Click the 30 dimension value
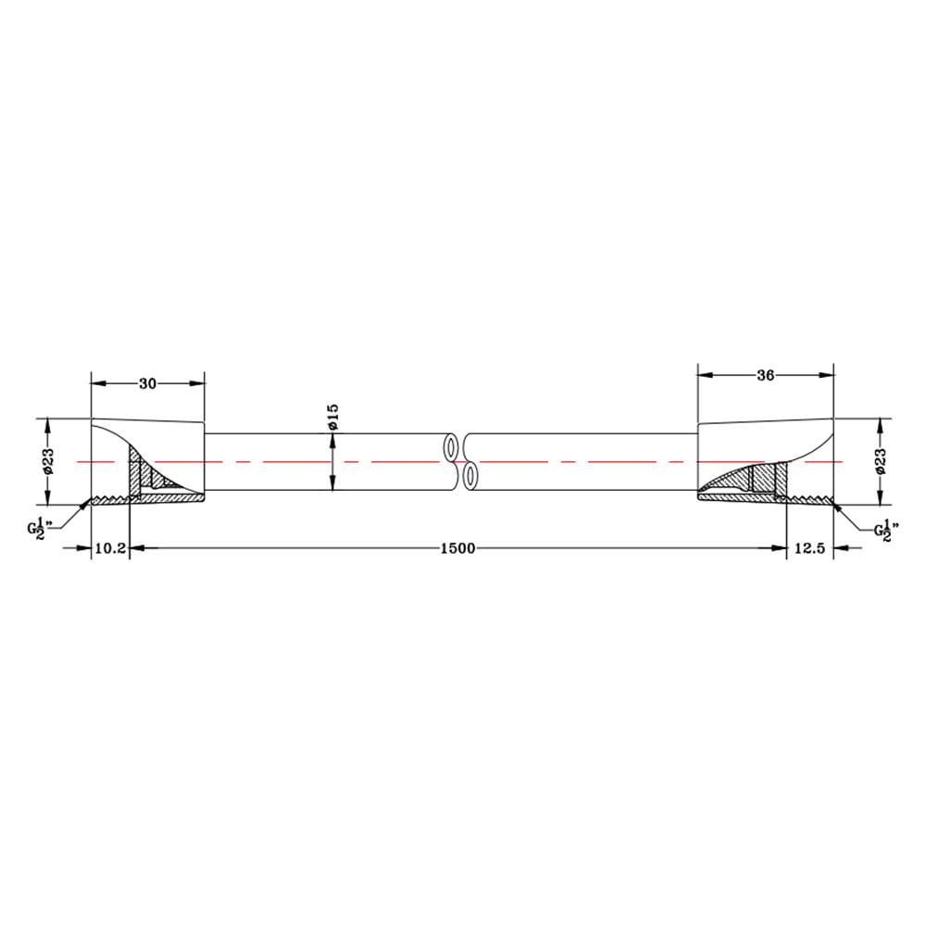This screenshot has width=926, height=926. click(x=147, y=384)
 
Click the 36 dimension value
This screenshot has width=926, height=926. click(x=766, y=376)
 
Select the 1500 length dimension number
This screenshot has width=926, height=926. click(x=457, y=548)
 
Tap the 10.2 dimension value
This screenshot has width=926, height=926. click(x=110, y=548)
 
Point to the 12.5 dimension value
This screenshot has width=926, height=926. click(x=809, y=548)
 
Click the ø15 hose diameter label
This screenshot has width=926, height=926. click(x=332, y=417)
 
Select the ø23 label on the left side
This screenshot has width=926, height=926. click(x=48, y=461)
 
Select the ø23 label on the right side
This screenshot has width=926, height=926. click(x=881, y=461)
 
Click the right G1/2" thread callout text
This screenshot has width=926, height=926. click(x=886, y=529)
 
